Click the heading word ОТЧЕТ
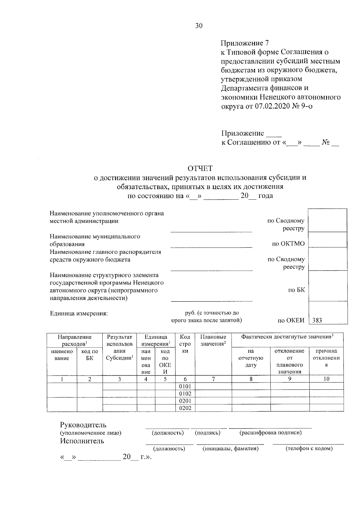[200, 168]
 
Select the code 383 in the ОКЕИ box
[317, 320]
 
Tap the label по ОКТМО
[288, 244]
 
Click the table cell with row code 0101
[185, 386]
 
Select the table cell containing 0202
[185, 408]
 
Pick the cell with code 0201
[185, 401]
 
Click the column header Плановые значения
[213, 340]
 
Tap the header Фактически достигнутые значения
[287, 337]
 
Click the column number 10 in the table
[326, 379]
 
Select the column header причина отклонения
[326, 358]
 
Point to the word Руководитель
[83, 425]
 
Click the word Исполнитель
[82, 441]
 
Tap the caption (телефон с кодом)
[309, 448]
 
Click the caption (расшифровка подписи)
[271, 433]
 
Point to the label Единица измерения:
[79, 314]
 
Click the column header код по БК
[90, 355]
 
